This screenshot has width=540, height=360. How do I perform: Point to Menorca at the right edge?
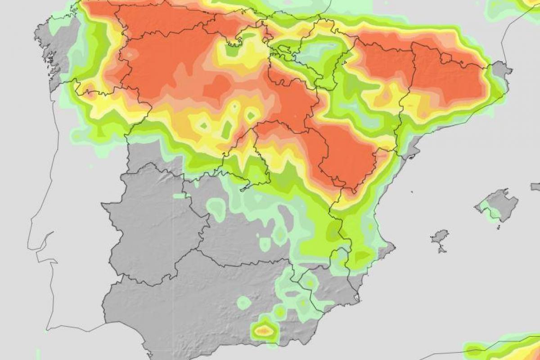tap(535, 186)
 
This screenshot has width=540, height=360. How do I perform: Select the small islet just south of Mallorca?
tap(499, 226)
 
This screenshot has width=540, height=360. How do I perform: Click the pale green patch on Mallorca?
tap(485, 208)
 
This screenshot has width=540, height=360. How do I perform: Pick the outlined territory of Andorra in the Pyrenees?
tap(445, 58)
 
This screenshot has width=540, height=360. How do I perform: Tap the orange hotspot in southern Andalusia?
tap(264, 331)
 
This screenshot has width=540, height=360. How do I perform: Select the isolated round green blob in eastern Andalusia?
tap(243, 302)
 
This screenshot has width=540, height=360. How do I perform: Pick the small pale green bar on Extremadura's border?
tap(180, 196)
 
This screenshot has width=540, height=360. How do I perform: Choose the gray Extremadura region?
tap(153, 225)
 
